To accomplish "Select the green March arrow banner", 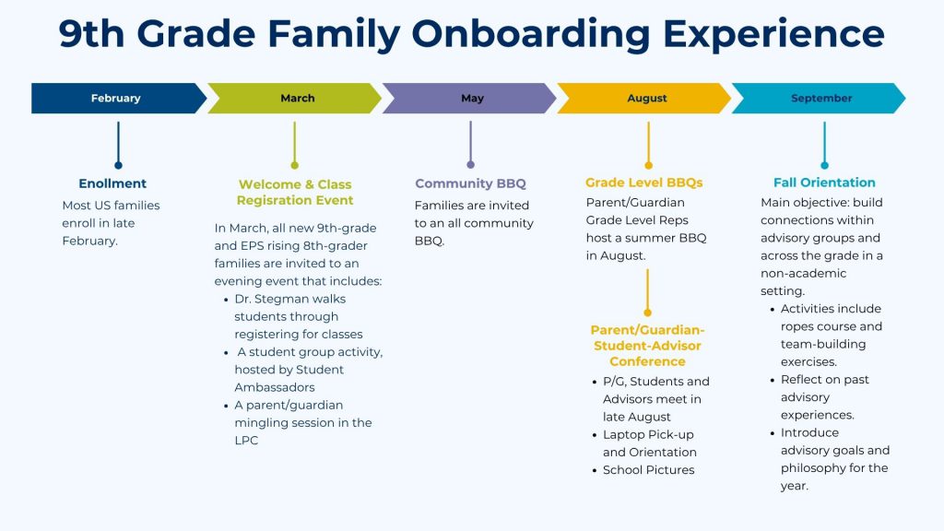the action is point(294,98).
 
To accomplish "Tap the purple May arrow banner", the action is point(469,98).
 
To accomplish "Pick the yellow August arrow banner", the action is point(644,98).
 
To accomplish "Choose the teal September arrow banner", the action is point(819,98).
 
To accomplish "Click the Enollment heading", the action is point(112,183).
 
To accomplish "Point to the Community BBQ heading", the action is point(470,183).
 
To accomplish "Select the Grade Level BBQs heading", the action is point(644,183).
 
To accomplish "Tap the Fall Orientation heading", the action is point(824,183).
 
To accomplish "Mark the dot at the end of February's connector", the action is point(118,166).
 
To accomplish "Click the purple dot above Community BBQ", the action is point(470,164).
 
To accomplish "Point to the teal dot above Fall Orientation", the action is point(824,165).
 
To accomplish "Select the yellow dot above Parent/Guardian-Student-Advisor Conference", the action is point(647,313).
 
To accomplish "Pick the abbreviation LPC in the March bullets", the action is point(246,440).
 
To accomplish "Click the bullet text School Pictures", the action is point(648,469).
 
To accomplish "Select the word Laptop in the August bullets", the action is point(624,435).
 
